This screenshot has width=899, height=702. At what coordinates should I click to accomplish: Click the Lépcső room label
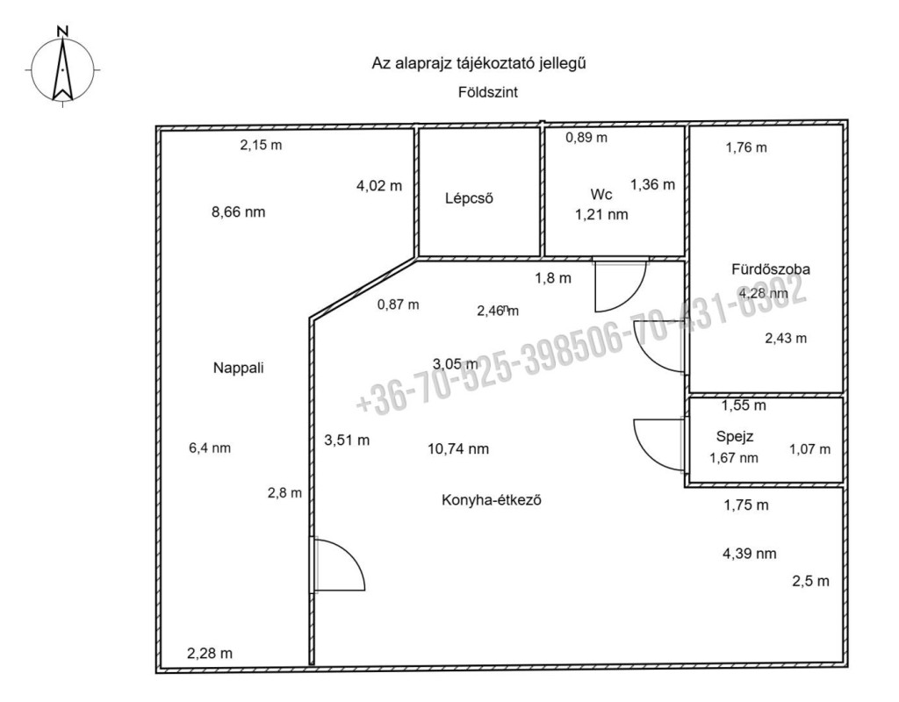click(469, 198)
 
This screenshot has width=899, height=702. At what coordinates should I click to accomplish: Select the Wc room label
click(601, 194)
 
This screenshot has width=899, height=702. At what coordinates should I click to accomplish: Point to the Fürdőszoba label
click(769, 269)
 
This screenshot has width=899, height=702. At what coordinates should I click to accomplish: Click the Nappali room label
click(238, 369)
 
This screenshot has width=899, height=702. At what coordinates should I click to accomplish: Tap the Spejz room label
click(736, 436)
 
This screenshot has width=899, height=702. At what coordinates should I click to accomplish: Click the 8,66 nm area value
click(238, 211)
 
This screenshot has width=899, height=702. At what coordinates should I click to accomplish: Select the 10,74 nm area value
click(457, 449)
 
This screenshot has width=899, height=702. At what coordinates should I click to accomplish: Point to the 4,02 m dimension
click(379, 185)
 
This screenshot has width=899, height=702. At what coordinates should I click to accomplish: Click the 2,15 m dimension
click(261, 146)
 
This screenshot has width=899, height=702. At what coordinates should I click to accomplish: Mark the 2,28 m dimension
click(211, 653)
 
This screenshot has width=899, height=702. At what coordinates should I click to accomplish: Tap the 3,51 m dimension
click(347, 441)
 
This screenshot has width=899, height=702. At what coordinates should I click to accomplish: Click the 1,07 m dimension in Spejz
click(809, 450)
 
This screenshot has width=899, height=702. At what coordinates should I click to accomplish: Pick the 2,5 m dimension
click(811, 581)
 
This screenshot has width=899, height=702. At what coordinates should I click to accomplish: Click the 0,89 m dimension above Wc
click(586, 138)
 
